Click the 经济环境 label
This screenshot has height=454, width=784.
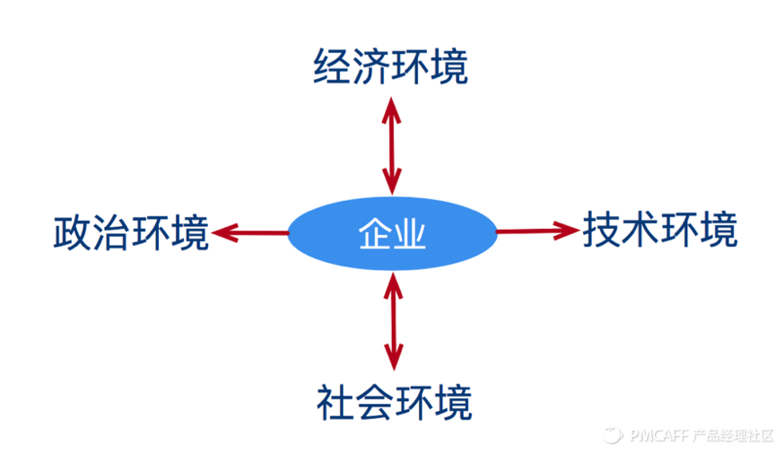(390, 66)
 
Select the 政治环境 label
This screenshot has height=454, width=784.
(131, 232)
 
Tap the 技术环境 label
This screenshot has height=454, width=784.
(660, 230)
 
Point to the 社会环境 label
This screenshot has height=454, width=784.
(394, 403)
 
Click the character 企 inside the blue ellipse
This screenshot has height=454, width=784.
(374, 233)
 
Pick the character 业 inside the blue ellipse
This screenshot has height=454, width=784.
(410, 233)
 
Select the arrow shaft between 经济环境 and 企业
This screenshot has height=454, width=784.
(392, 146)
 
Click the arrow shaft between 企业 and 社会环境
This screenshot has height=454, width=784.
(394, 321)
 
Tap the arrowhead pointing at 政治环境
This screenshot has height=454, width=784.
(225, 232)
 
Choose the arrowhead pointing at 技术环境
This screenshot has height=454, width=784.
(566, 231)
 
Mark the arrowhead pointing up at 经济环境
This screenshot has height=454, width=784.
(391, 110)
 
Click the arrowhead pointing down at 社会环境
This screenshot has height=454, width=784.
(394, 356)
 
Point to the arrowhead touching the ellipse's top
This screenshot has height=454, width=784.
(392, 181)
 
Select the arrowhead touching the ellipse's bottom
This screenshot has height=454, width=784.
(394, 286)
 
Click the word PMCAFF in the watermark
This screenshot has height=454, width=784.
(659, 435)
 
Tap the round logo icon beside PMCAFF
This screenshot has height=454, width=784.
(613, 435)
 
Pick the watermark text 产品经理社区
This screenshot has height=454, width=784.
(733, 435)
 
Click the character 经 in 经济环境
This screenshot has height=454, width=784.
(332, 66)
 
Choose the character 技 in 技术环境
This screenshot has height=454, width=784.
(601, 230)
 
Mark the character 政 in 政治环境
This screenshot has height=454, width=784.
(72, 232)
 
